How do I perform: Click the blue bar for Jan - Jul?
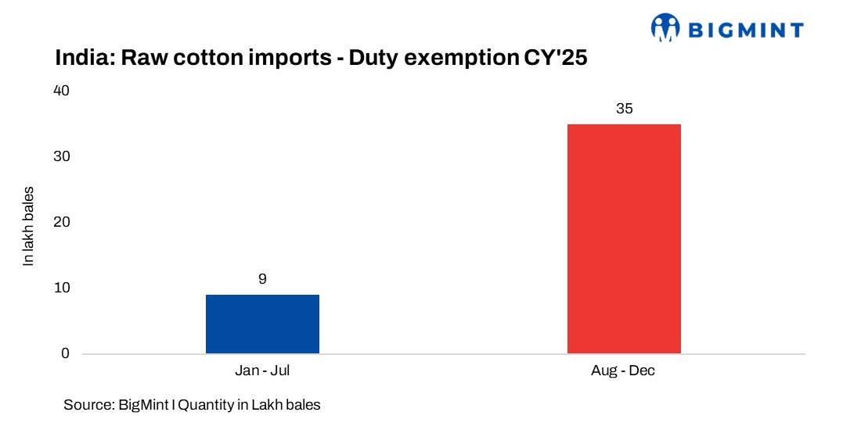click(x=262, y=324)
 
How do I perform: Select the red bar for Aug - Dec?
click(x=624, y=238)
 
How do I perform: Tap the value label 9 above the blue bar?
click(x=262, y=279)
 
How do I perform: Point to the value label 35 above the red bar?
click(x=624, y=109)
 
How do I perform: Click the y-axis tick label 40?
click(x=61, y=91)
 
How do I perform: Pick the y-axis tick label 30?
click(x=61, y=156)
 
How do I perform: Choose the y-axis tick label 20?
click(x=61, y=222)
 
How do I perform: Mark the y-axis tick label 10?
click(x=61, y=288)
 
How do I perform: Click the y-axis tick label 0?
click(x=65, y=353)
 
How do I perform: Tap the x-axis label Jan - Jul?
click(x=262, y=371)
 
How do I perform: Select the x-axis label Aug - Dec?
click(x=623, y=371)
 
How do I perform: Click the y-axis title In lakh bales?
click(x=28, y=227)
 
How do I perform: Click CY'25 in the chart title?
click(x=565, y=58)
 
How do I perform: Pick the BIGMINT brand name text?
click(x=745, y=30)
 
